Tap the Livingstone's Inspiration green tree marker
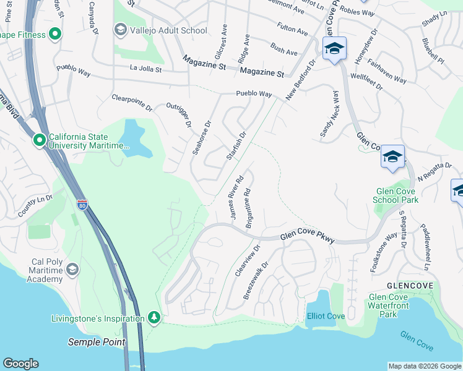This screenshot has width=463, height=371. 154,318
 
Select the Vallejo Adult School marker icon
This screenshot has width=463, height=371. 120,30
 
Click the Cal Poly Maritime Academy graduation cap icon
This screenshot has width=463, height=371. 72,269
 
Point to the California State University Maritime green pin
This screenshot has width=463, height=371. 40,141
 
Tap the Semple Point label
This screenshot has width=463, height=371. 96,342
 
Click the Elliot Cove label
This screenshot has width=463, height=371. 326,316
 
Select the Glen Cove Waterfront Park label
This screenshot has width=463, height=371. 388,305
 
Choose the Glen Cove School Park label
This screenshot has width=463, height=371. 396,195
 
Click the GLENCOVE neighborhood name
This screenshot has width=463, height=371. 407,286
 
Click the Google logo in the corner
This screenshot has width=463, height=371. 20,364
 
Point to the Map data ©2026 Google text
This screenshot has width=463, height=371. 424,366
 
